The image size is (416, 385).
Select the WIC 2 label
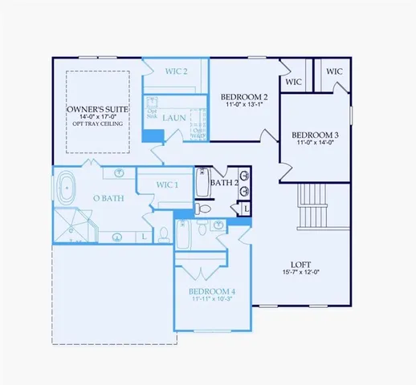click(x=176, y=71)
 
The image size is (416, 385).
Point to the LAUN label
click(x=173, y=118)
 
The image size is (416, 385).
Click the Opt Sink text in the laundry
click(x=153, y=113)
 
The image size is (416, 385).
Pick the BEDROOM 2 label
click(x=244, y=98)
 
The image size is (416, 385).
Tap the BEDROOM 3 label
click(x=315, y=135)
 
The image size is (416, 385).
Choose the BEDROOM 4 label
click(x=212, y=291)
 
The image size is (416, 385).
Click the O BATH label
click(x=108, y=198)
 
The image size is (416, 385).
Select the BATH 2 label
click(x=225, y=183)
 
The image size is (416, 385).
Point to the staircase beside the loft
click(x=312, y=206)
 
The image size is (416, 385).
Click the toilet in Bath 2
click(x=204, y=209)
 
